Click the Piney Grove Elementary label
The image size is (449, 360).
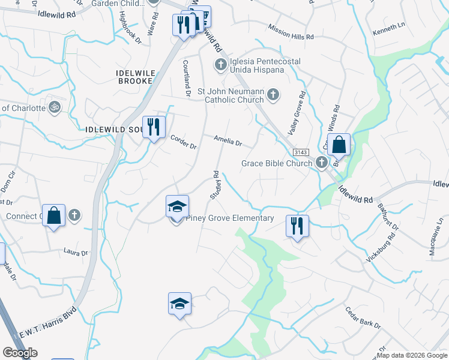tap(229, 218)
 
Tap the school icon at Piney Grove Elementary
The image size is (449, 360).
tap(177, 206)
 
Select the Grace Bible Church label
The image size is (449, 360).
tap(277, 163)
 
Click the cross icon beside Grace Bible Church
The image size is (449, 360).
tap(321, 162)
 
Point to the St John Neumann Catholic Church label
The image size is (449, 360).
tap(231, 96)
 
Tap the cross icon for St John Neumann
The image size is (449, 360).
tap(273, 94)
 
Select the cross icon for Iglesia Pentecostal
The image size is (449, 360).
tap(220, 64)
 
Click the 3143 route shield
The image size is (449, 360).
tap(301, 152)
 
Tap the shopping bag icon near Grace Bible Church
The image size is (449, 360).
tap(339, 145)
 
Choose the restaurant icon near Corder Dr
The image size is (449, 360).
tap(154, 126)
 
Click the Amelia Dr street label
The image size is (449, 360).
tap(228, 143)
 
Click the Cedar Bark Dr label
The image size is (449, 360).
tap(363, 317)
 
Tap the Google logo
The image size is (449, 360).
tap(20, 353)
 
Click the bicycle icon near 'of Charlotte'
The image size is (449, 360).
tap(55, 107)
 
